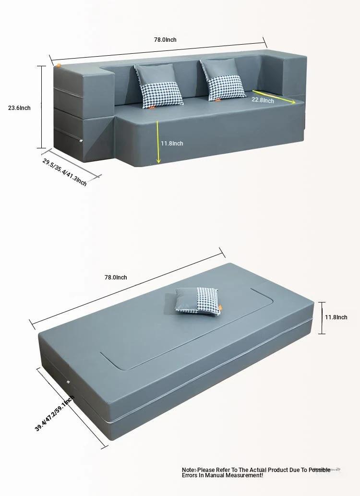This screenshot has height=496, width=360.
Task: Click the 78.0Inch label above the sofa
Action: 165,40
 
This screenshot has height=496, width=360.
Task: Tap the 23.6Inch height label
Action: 19,108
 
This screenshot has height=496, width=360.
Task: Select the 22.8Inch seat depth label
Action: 263,100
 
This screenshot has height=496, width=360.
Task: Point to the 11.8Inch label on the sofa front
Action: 172,143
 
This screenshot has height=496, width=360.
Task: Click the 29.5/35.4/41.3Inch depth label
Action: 64,172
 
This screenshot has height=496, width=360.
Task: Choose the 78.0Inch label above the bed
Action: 116,278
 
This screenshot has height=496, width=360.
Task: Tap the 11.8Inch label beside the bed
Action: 336,317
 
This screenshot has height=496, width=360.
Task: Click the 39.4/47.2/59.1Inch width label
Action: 54,413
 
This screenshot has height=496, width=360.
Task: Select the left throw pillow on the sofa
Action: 158,86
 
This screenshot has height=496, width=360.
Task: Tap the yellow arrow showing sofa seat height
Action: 158,142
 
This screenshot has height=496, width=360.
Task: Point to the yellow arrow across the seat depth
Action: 274,97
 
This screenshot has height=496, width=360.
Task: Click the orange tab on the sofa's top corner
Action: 59,65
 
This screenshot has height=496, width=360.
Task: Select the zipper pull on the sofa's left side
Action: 81,140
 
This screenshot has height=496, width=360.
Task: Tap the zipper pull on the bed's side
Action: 68,382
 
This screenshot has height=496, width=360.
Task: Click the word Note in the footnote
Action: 188,470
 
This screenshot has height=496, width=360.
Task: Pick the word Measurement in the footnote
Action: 243,475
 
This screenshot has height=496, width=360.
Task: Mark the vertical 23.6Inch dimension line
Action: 41,107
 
